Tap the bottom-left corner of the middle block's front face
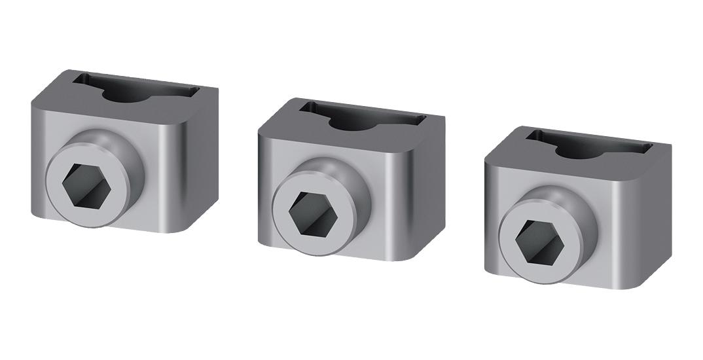pos(260,242)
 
